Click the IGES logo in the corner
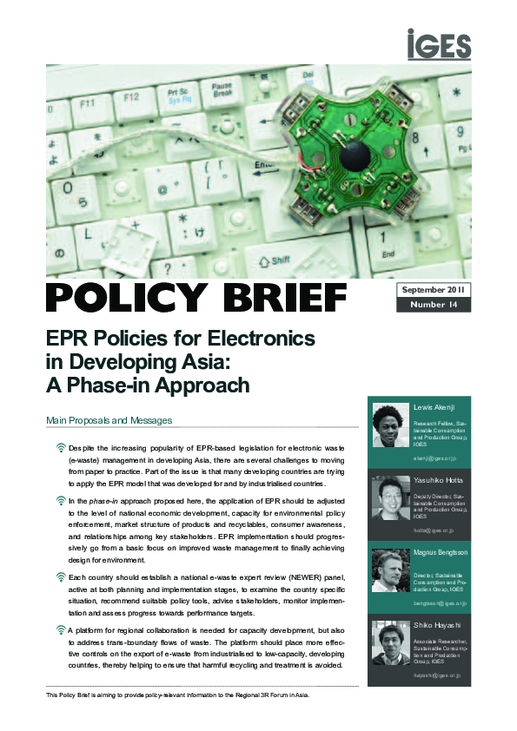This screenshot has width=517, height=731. pos(439,44)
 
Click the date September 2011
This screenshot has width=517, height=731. pos(434,288)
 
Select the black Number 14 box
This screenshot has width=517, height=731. pos(434,305)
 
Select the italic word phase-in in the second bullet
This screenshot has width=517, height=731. pos(103,501)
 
